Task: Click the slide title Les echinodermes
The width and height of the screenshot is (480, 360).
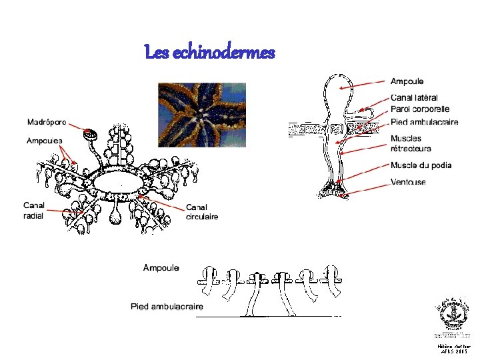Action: point(209,53)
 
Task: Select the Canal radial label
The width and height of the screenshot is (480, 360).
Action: point(34,210)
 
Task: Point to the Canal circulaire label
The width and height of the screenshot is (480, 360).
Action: point(202,211)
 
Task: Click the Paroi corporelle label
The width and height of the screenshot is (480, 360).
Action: point(420,109)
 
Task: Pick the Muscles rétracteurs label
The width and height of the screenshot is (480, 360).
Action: point(411,143)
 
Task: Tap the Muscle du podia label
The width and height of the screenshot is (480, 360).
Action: point(421,165)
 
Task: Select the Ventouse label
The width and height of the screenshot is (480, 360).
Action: point(408,182)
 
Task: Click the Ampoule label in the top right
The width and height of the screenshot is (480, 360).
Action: point(407,81)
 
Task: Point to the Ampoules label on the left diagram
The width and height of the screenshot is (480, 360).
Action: point(45,141)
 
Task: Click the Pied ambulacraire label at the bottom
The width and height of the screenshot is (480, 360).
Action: point(166,307)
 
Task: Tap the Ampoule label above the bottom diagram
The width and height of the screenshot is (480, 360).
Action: point(161,267)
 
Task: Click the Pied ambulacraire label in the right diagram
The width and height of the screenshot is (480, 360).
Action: point(424,122)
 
